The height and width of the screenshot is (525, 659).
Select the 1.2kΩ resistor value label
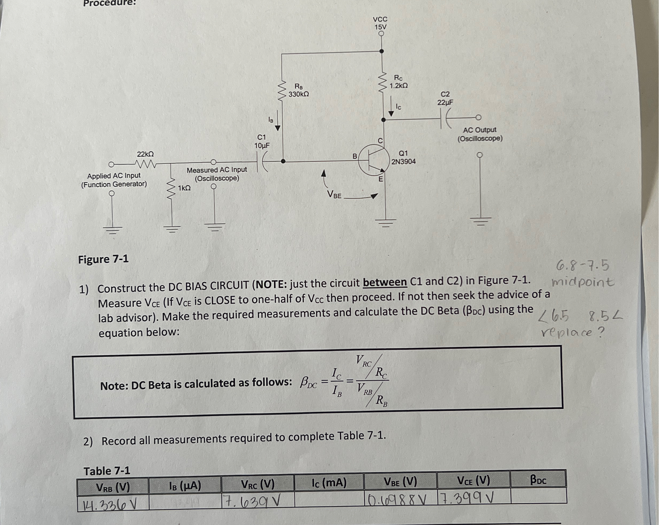click(398, 86)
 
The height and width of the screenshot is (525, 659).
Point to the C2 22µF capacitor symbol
click(445, 118)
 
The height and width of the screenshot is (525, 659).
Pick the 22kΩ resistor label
click(145, 154)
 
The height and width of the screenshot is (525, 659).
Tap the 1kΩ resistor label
click(184, 188)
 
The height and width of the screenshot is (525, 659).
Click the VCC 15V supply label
click(380, 23)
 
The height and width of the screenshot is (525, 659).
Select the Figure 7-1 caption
click(103, 259)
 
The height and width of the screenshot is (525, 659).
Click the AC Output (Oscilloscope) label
click(480, 134)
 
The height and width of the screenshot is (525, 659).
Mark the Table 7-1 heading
click(107, 471)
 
